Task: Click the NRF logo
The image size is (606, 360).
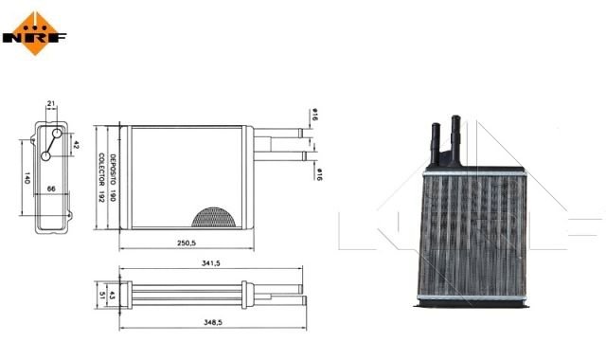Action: pyautogui.click(x=34, y=34)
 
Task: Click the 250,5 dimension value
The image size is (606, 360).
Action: pyautogui.click(x=187, y=243)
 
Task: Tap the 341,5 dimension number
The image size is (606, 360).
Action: pyautogui.click(x=210, y=263)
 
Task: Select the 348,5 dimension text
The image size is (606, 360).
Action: pyautogui.click(x=213, y=322)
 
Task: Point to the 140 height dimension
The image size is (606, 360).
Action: pyautogui.click(x=27, y=178)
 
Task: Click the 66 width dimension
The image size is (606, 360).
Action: pyautogui.click(x=51, y=189)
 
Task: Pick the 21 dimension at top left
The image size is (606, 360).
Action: pyautogui.click(x=51, y=103)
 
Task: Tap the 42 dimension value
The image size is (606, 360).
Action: pyautogui.click(x=76, y=145)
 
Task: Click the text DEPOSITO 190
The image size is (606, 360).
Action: pyautogui.click(x=113, y=177)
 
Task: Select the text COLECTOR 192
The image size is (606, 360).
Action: pyautogui.click(x=101, y=177)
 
